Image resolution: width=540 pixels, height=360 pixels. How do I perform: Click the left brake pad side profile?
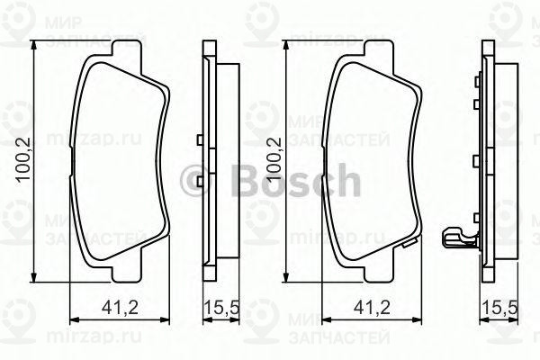coord(212,162)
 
